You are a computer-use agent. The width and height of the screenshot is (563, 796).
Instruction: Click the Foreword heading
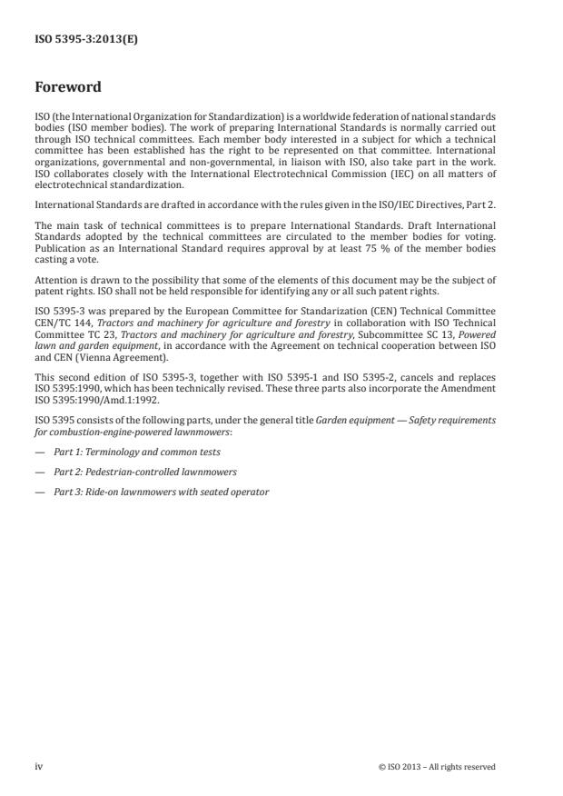click(68, 88)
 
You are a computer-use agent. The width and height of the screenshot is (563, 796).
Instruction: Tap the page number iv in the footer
click(38, 766)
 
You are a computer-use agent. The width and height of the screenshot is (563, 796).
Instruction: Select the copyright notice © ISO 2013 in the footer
click(437, 767)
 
